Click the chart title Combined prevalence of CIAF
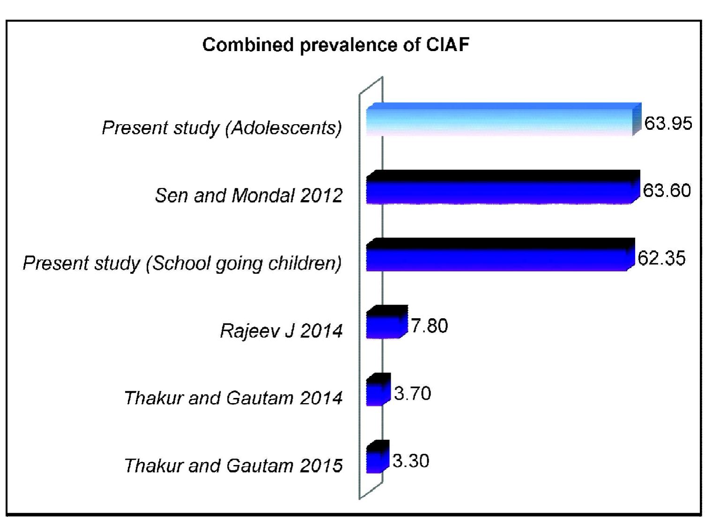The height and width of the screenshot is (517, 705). [x=335, y=45]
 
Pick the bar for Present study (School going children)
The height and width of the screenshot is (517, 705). [x=499, y=256]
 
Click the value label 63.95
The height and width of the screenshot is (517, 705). [x=668, y=123]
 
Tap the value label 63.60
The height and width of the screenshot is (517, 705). [x=667, y=191]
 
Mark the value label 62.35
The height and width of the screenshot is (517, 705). [x=661, y=258]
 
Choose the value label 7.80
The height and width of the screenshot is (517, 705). [x=429, y=326]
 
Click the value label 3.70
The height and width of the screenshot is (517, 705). [x=412, y=393]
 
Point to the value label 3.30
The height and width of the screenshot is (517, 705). [x=411, y=461]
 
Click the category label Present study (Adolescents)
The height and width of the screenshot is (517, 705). [x=222, y=128]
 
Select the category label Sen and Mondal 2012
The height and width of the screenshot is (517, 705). [x=249, y=195]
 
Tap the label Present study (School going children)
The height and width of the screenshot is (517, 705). [x=182, y=263]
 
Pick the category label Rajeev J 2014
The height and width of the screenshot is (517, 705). [x=281, y=331]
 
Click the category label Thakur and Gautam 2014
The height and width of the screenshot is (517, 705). [x=233, y=398]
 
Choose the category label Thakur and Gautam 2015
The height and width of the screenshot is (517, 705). [x=233, y=466]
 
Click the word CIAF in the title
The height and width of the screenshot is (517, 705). [x=447, y=45]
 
